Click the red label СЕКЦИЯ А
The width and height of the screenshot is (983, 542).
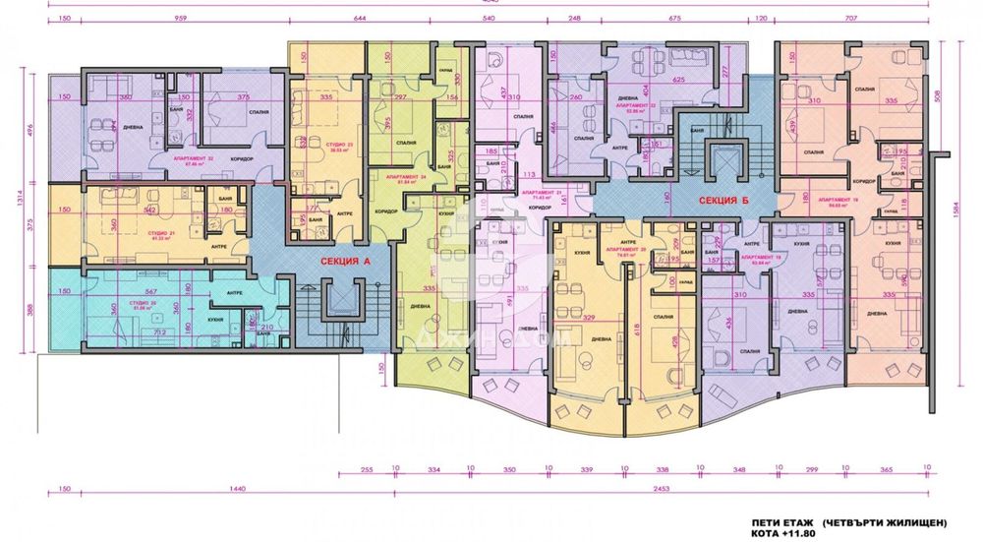point(343,262)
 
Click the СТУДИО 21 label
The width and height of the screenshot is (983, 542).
point(161,235)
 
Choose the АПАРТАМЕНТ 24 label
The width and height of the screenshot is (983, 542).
point(402,176)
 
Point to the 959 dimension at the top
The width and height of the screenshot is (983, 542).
point(181,18)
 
